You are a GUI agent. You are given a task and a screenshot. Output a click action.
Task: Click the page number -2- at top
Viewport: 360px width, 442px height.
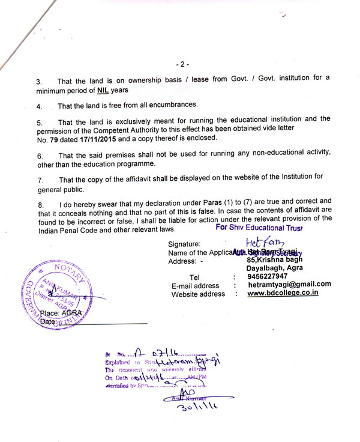(x=182, y=64)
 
